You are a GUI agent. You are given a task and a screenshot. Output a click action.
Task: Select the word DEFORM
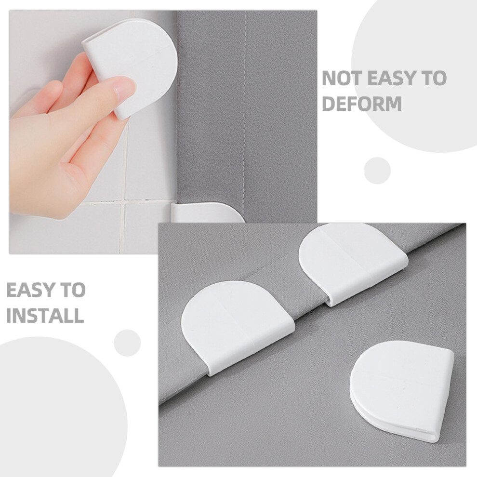click(x=362, y=104)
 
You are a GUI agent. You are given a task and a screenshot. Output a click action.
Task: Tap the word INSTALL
click(x=45, y=315)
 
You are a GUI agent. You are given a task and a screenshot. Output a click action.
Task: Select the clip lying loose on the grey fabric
click(x=401, y=390)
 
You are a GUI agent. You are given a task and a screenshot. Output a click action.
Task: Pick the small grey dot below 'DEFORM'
click(x=377, y=171)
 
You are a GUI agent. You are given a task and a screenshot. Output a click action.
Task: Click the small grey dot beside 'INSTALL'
click(x=127, y=343)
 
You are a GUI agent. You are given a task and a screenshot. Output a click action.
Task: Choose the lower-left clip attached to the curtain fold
click(x=237, y=327)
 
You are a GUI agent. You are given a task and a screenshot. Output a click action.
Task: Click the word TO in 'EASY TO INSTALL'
click(x=73, y=290)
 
